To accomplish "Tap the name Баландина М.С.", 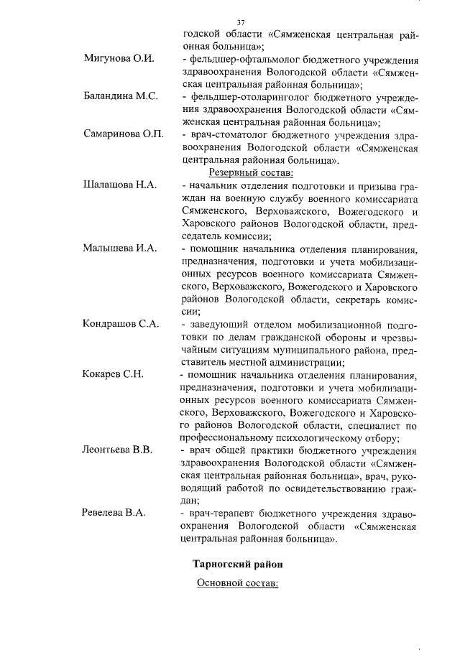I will pyautogui.click(x=120, y=96).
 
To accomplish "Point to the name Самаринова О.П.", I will pyautogui.click(x=124, y=134).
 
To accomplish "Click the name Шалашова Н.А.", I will pyautogui.click(x=119, y=185).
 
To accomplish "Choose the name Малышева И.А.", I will pyautogui.click(x=119, y=249).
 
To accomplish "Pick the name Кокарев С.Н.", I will pyautogui.click(x=114, y=374).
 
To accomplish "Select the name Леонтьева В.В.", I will pyautogui.click(x=117, y=450).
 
